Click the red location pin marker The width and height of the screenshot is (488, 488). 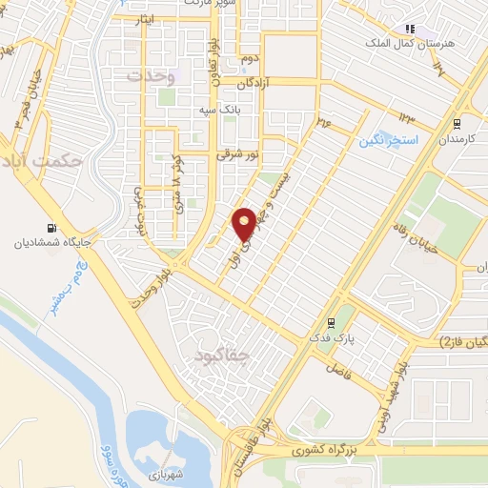pyautogui.click(x=245, y=223)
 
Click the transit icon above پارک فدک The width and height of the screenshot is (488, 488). pyautogui.click(x=331, y=322)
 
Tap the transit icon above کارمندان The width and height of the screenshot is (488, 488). pyautogui.click(x=457, y=122)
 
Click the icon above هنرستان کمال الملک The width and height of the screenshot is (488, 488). pyautogui.click(x=411, y=30)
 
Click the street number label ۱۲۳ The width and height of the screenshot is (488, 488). pyautogui.click(x=407, y=118)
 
